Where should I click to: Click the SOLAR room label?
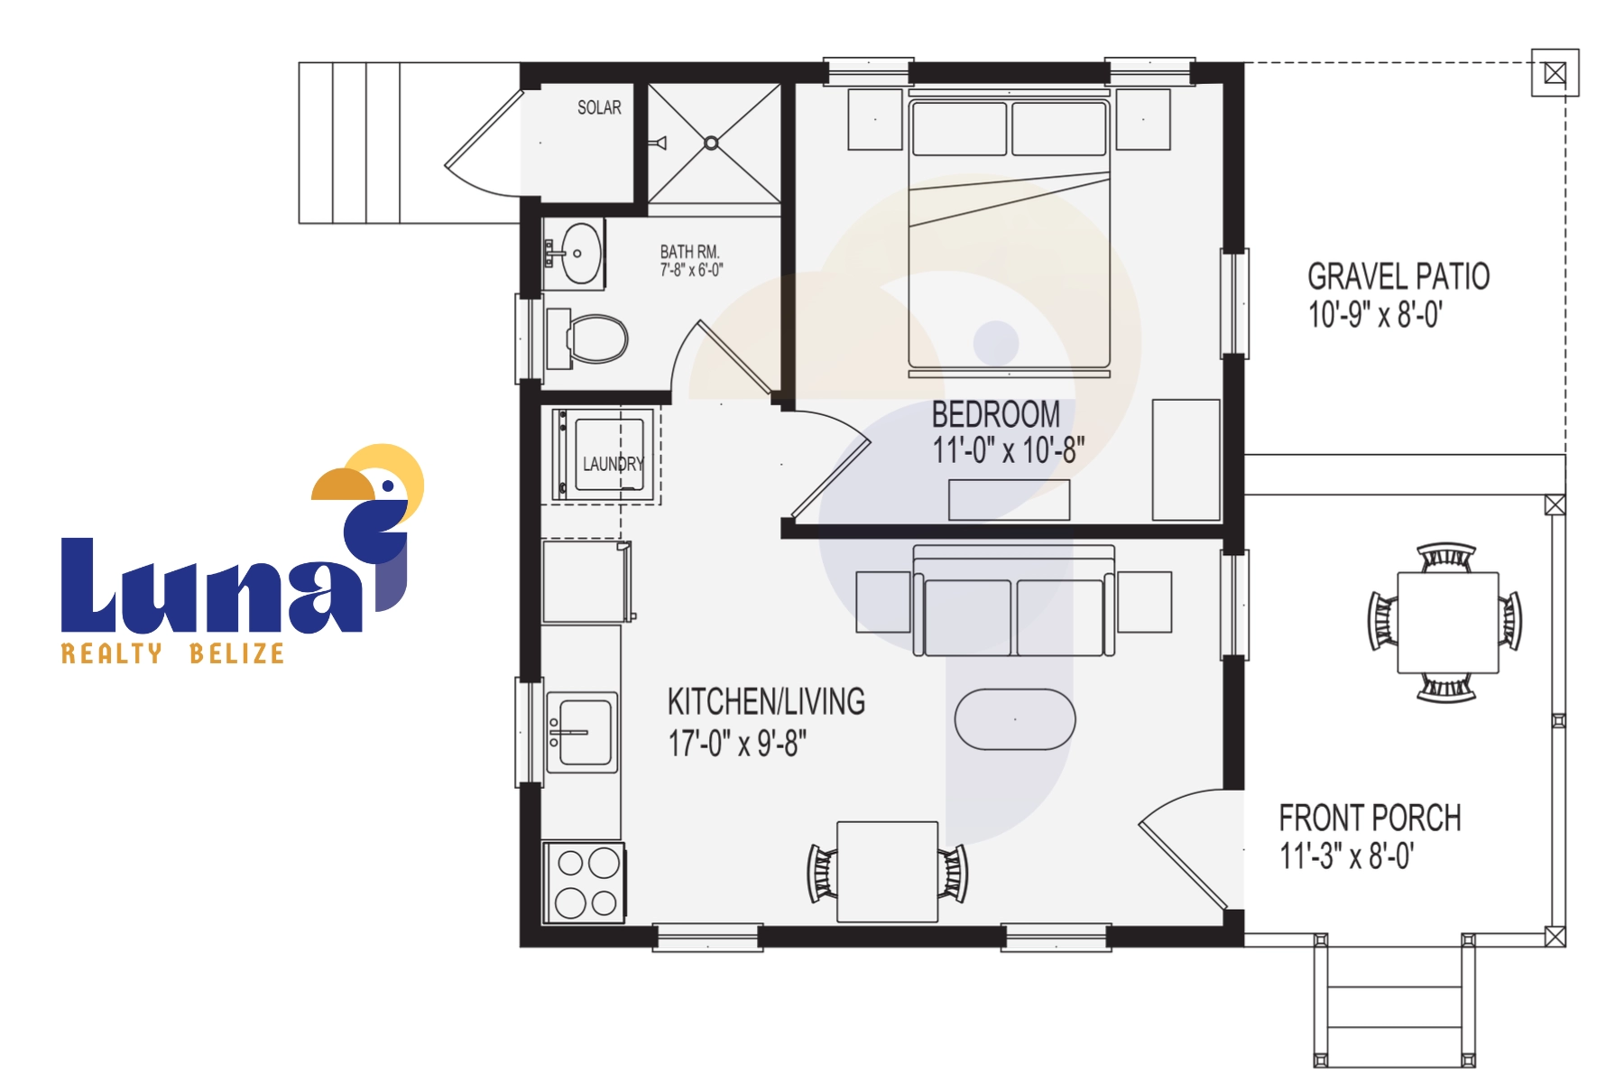click(599, 107)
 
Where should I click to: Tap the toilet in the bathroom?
click(587, 339)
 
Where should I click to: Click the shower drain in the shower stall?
click(711, 143)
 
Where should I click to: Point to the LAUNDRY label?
click(614, 464)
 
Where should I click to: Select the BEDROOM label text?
click(996, 414)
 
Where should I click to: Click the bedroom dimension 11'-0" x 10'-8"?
click(1009, 449)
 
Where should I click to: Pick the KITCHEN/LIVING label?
click(766, 701)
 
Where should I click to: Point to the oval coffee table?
click(1015, 719)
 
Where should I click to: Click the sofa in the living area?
click(1014, 601)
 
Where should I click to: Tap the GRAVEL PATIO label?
click(1398, 276)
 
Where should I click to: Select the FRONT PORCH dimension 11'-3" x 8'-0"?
click(1347, 855)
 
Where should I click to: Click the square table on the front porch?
click(1447, 623)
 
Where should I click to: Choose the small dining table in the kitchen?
click(888, 872)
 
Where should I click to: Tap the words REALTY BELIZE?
click(173, 653)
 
